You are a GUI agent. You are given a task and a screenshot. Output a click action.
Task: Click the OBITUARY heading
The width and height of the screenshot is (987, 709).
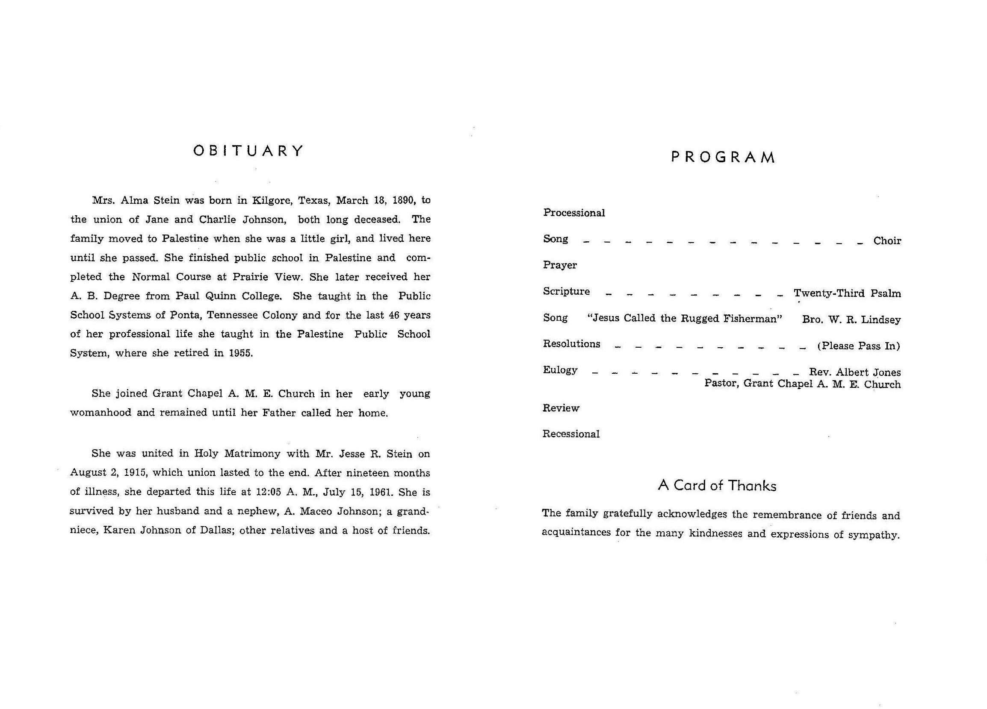248,151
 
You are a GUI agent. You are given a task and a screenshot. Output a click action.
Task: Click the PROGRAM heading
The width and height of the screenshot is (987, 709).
723,157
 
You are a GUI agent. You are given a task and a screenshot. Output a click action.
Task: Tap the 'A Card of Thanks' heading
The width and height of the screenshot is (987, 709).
717,485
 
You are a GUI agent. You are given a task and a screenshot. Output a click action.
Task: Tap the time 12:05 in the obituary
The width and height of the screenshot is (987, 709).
269,492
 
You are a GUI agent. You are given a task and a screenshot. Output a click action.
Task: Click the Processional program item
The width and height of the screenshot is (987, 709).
574,213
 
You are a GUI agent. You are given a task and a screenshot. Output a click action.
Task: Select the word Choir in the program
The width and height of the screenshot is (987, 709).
887,241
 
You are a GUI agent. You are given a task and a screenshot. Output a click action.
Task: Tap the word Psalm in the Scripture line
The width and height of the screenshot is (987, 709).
886,293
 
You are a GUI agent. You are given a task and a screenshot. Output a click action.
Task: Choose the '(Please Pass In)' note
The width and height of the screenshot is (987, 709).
859,346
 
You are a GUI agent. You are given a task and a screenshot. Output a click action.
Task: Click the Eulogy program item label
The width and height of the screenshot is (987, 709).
560,370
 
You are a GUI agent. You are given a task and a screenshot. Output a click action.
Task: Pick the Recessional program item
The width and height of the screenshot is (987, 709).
571,434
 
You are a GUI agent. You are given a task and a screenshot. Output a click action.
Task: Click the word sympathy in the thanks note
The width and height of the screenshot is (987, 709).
873,535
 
